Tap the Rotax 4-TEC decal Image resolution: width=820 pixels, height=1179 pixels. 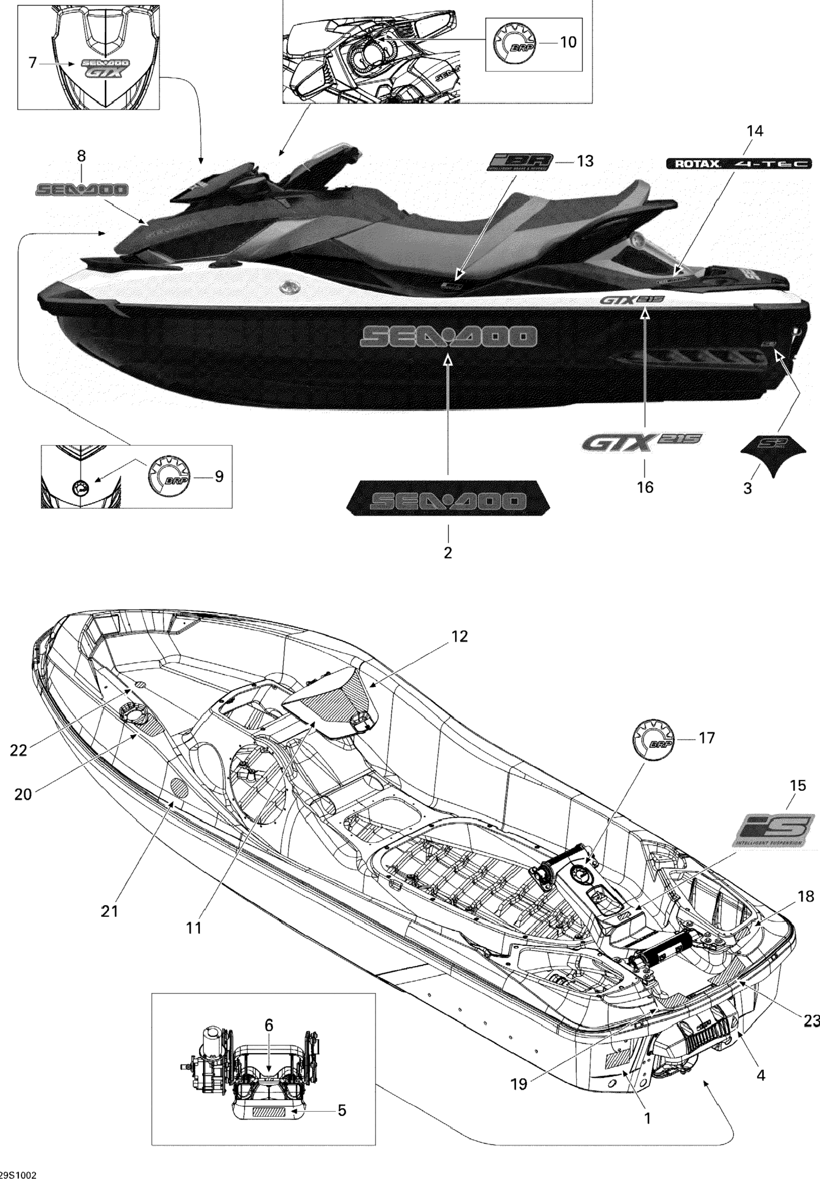click(739, 164)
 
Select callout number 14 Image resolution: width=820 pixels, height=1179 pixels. click(754, 132)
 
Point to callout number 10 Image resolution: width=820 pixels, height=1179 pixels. click(568, 42)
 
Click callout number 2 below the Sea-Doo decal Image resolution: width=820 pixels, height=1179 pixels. click(448, 553)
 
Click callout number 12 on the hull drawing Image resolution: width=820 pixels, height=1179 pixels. click(460, 637)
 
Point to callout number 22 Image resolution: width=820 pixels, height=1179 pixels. click(18, 750)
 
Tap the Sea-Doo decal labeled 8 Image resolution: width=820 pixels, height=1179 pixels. click(82, 190)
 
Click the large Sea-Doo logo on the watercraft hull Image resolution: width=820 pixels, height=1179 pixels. click(448, 336)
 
